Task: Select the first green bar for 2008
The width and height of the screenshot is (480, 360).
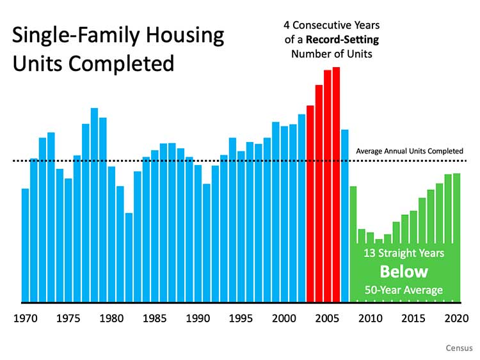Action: click(353, 243)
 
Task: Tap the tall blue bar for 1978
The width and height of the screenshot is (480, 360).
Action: click(94, 205)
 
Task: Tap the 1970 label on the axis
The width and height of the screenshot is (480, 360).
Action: click(25, 318)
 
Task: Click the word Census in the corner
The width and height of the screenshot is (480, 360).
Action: click(459, 348)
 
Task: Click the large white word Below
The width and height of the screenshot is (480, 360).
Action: click(404, 271)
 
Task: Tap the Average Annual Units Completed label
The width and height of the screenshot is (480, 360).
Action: click(409, 151)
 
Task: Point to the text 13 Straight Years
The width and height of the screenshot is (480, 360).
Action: click(404, 253)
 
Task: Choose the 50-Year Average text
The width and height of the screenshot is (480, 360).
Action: click(404, 290)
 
